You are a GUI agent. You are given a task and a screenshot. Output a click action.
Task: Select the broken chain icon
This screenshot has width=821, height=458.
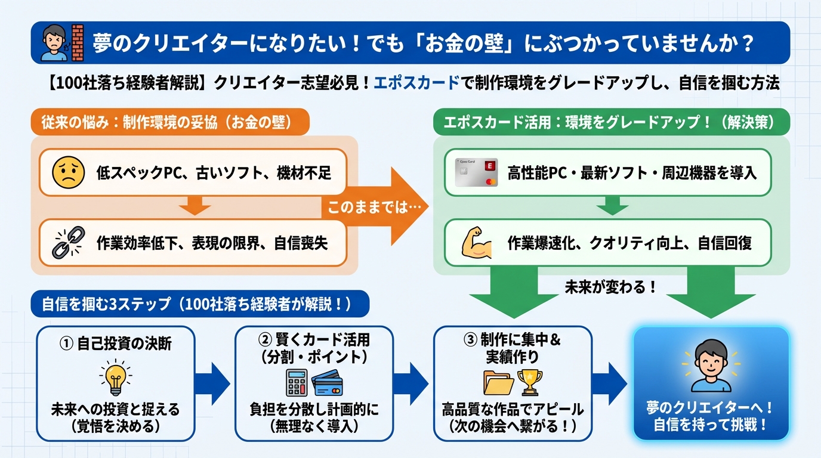68,242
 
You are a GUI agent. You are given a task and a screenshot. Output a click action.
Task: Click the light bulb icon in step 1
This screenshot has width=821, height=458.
116,379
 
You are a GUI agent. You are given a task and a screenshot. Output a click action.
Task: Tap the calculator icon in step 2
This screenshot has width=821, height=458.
297,382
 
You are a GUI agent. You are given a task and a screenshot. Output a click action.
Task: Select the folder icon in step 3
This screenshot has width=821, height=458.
498,383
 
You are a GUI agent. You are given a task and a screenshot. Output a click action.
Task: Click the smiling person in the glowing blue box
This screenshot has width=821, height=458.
711,365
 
